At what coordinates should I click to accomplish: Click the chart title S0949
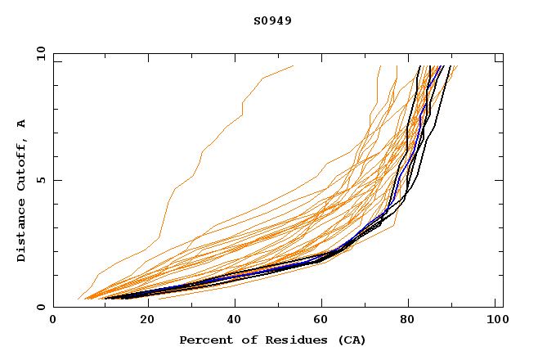click(272, 20)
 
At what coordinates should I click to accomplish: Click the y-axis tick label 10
click(39, 53)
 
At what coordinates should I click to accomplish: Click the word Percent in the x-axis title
click(202, 340)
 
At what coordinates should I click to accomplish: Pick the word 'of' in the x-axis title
click(238, 340)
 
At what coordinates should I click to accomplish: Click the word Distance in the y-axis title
click(21, 232)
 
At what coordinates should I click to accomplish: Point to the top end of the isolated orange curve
click(293, 65)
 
